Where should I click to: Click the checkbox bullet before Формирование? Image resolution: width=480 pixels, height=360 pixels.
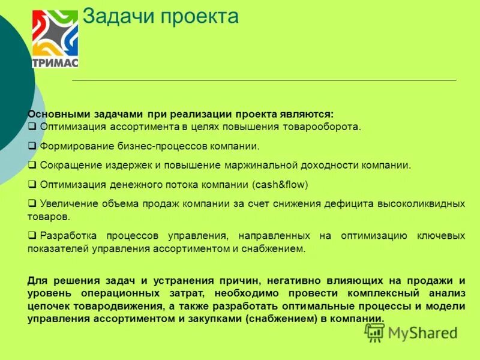point(32,146)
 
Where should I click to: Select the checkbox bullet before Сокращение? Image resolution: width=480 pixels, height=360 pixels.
point(32,165)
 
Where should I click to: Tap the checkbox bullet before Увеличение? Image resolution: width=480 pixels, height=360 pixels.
point(32,203)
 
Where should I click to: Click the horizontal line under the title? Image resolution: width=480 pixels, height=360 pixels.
point(264,80)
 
